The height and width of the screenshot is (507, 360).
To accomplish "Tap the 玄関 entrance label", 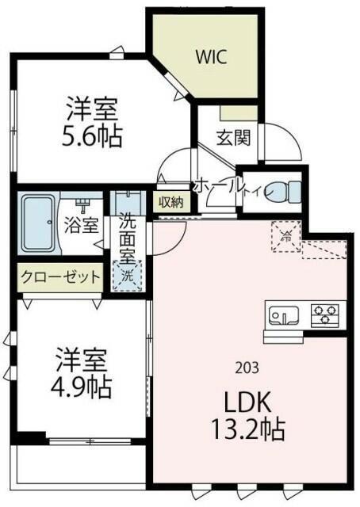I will click(234, 137).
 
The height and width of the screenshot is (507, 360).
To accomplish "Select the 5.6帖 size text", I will click(93, 137).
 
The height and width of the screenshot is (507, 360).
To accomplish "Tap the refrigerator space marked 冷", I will click(285, 235).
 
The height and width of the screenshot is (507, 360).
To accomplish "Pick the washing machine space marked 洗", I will click(127, 276).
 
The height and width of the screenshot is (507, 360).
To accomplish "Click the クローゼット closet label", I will click(61, 277).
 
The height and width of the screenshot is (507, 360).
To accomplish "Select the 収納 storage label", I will click(171, 202).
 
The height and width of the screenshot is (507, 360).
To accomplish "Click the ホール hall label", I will click(216, 183).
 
